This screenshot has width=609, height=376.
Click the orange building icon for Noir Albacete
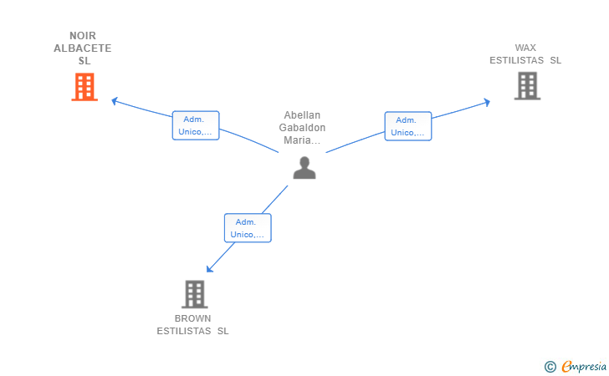pos(84,87)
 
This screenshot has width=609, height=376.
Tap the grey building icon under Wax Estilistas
pos(527,86)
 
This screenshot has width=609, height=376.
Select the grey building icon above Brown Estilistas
pos(195,294)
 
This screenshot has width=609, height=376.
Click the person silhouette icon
pos(304,168)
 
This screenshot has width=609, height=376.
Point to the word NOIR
pos(83,36)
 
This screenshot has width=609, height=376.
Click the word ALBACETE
pos(83,48)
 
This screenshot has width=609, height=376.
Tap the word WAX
pos(525,48)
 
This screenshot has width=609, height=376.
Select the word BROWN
pos(192,318)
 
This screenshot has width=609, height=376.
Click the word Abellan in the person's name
pos(302,114)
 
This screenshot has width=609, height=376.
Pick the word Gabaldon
pos(302,127)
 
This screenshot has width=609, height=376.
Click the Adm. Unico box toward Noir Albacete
pos(196,125)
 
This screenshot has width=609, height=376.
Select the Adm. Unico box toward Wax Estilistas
pos(408,126)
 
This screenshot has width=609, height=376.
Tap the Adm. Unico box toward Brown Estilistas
pos(248,228)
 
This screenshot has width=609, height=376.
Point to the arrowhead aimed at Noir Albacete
pos(114,101)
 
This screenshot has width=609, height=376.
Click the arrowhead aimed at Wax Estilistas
pos(487,103)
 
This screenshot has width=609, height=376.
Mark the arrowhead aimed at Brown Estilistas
pos(209,269)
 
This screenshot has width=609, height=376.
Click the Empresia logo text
pos(584,366)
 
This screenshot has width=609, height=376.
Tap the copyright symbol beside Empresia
pos(550,367)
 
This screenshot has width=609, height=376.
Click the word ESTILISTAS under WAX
pos(517,60)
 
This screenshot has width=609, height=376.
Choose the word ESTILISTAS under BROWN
pos(184,331)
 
